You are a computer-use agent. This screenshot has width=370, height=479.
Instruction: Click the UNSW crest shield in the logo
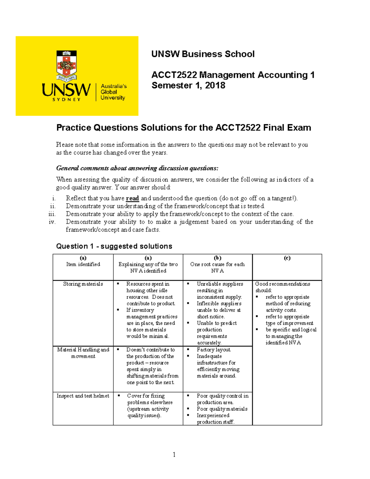tap(66, 64)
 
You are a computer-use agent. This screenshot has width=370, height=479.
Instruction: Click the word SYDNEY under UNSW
tap(66, 100)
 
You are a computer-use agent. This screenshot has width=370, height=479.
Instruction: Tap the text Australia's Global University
tap(113, 92)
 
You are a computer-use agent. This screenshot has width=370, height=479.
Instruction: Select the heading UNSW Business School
tap(203, 54)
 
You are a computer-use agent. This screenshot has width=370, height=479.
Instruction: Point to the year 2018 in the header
tap(215, 85)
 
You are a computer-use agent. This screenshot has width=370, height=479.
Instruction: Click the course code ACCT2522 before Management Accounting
tap(174, 75)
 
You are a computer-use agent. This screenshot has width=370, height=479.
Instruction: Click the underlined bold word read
tap(132, 198)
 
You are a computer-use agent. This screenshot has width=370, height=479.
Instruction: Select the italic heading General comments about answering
tap(137, 168)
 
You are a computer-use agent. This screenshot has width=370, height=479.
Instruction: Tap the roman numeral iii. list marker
tap(52, 214)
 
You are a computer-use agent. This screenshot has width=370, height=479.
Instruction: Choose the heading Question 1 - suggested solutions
tap(114, 246)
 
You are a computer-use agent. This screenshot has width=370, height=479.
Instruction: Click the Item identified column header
tap(83, 264)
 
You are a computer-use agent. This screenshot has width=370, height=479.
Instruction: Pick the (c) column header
tap(287, 258)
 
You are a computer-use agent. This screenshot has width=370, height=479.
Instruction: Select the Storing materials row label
tap(83, 284)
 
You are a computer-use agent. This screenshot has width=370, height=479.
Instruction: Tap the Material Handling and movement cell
tap(83, 353)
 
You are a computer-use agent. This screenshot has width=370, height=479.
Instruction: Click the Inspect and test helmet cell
tap(83, 396)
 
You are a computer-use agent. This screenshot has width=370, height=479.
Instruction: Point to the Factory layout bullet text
tap(214, 350)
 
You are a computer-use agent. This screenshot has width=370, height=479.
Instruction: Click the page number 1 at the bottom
tap(174, 454)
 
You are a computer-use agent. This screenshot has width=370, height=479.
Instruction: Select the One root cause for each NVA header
tap(217, 267)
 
